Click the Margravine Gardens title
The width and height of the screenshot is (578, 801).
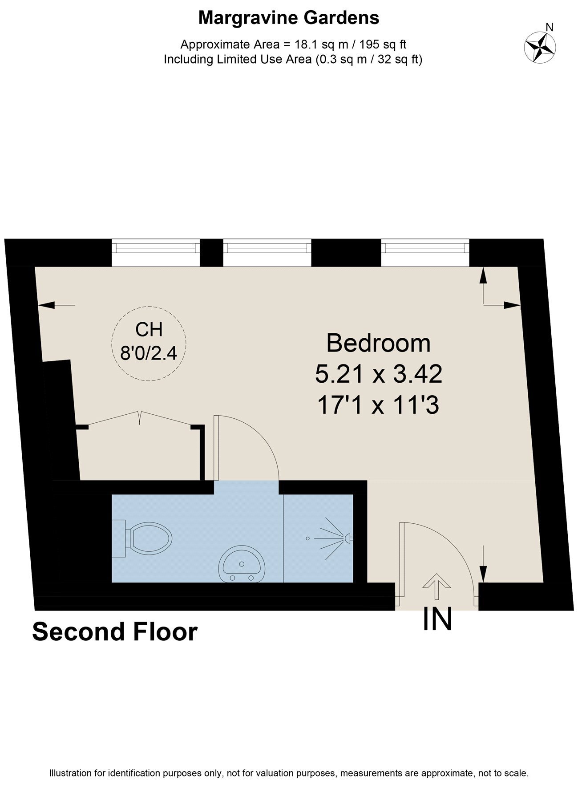(x=289, y=18)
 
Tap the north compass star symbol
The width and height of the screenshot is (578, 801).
(x=540, y=47)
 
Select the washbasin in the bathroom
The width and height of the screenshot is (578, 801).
(x=242, y=565)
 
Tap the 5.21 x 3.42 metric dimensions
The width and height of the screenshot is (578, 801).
(x=379, y=374)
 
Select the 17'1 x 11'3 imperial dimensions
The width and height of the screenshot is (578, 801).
(x=379, y=405)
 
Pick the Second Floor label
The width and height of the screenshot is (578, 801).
(x=115, y=632)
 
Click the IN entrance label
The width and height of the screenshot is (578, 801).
(x=437, y=619)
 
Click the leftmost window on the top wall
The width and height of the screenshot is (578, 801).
(x=156, y=253)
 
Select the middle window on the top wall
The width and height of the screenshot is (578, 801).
(x=267, y=253)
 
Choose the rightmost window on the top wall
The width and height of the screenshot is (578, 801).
(x=425, y=253)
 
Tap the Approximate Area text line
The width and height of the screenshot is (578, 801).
(x=293, y=44)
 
